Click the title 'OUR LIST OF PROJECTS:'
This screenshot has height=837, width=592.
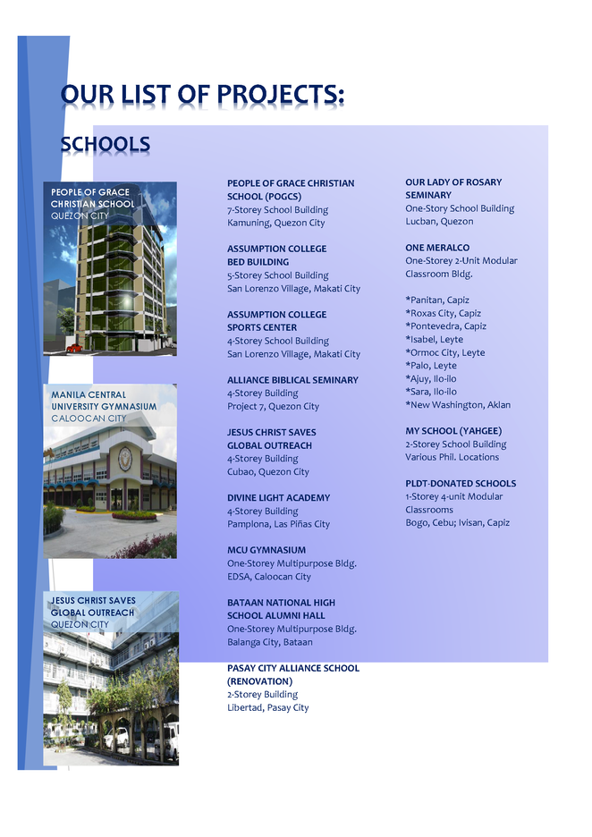pyautogui.click(x=202, y=95)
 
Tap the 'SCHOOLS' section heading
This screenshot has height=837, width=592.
pyautogui.click(x=105, y=145)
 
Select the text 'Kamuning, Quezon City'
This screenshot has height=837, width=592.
pyautogui.click(x=275, y=223)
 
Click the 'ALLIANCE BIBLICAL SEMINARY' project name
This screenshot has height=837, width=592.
pyautogui.click(x=292, y=380)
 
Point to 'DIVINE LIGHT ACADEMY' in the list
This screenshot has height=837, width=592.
pyautogui.click(x=278, y=498)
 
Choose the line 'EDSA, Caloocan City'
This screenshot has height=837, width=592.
pyautogui.click(x=268, y=577)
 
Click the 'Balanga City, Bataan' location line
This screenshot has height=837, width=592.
pyautogui.click(x=269, y=642)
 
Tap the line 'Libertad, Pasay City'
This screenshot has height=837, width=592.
pyautogui.click(x=267, y=707)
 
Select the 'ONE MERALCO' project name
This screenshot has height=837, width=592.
pyautogui.click(x=436, y=248)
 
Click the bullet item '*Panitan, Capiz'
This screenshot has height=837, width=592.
pyautogui.click(x=436, y=300)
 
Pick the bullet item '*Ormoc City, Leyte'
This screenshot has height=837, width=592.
pyautogui.click(x=444, y=352)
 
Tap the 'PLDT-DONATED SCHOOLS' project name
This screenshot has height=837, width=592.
pyautogui.click(x=460, y=484)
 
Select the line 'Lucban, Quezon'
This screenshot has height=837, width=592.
pyautogui.click(x=439, y=221)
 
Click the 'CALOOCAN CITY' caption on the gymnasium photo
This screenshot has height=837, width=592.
pyautogui.click(x=89, y=418)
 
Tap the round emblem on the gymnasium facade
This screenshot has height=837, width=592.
pyautogui.click(x=124, y=457)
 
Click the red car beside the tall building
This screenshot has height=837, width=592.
pyautogui.click(x=74, y=347)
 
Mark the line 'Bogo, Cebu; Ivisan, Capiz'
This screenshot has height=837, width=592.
pyautogui.click(x=457, y=522)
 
